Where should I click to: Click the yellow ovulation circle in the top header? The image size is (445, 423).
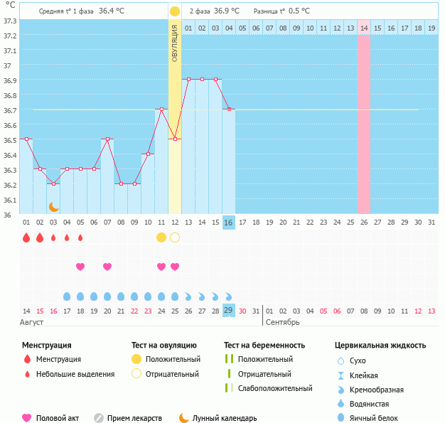click(175, 11)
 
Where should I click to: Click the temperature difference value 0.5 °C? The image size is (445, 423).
click(299, 11)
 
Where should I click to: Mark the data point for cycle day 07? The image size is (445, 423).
click(107, 139)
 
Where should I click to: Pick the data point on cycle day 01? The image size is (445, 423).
click(26, 139)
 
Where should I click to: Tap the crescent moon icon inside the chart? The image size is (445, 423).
click(53, 206)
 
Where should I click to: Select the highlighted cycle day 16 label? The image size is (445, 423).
click(229, 223)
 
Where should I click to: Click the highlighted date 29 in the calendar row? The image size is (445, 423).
click(229, 311)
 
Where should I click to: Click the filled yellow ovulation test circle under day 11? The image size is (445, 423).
click(161, 237)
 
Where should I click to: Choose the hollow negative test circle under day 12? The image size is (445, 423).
click(175, 237)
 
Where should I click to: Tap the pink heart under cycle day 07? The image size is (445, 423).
click(107, 267)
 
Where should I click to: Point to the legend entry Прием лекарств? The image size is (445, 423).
click(134, 418)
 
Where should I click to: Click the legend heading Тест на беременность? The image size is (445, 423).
click(264, 346)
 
